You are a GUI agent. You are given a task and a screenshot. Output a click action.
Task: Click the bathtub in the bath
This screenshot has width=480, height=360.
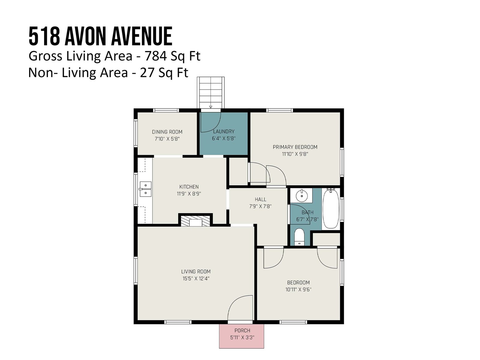(x=331, y=209)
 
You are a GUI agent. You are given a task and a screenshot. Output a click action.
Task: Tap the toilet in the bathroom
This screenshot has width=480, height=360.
(x=299, y=237)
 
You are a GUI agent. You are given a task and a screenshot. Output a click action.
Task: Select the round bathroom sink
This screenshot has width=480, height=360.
(x=301, y=196)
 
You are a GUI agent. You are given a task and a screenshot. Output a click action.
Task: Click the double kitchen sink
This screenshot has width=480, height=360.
(x=145, y=189)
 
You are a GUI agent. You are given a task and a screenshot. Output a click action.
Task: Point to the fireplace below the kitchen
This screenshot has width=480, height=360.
(x=196, y=221)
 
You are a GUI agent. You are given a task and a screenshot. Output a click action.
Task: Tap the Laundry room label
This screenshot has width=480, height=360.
(x=223, y=131)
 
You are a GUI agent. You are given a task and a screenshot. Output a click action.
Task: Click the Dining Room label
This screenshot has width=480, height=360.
(x=167, y=132)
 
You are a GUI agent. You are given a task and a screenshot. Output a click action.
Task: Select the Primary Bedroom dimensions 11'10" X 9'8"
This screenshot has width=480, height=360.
(x=295, y=154)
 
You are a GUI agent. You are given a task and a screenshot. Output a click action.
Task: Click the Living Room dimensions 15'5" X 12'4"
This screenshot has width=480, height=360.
(x=196, y=278)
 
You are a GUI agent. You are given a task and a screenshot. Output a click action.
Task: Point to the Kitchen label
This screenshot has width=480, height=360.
(x=189, y=187)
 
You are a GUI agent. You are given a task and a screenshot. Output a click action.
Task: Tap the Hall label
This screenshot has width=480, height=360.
(x=260, y=199)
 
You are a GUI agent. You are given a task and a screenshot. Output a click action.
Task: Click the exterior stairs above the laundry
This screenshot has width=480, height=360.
(x=211, y=92)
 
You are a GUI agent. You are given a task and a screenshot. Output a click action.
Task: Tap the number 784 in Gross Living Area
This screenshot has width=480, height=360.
(x=155, y=56)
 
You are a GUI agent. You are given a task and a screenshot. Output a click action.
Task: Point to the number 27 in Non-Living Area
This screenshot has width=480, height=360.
(x=147, y=73)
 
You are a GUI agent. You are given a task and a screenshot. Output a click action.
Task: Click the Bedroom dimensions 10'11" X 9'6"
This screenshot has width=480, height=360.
(x=298, y=289)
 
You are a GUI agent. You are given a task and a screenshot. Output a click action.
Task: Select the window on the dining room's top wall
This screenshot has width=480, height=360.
(x=166, y=110)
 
